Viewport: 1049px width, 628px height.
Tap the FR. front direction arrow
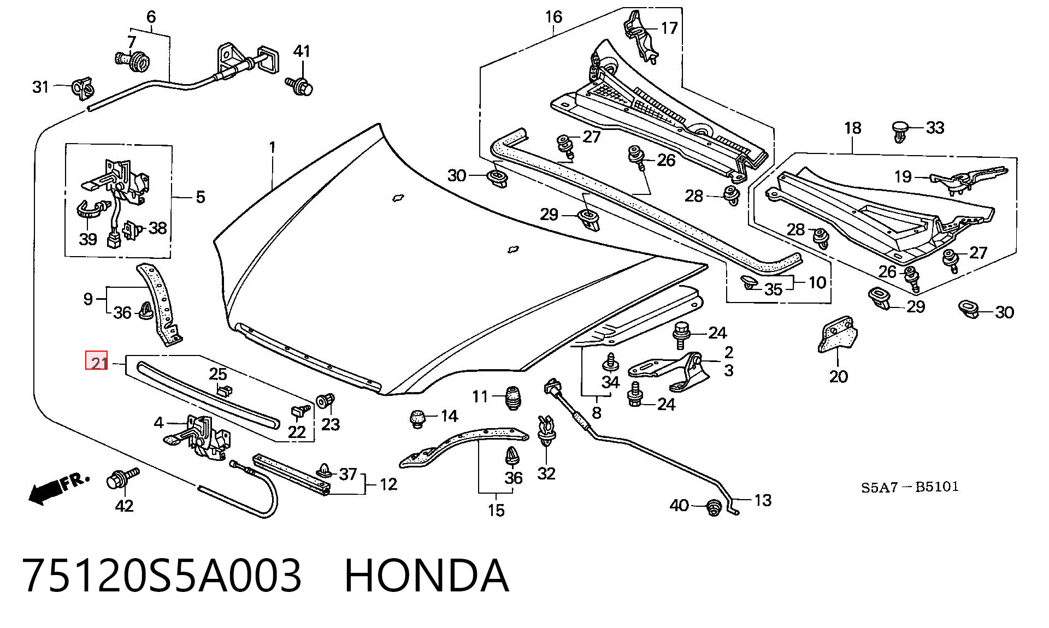[58, 488]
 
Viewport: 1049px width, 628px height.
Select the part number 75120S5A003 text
[162, 576]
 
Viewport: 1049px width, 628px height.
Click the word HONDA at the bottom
[427, 576]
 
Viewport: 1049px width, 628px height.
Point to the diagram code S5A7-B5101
[910, 487]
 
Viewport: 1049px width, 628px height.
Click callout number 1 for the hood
[272, 147]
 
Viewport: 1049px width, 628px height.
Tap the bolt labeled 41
[299, 85]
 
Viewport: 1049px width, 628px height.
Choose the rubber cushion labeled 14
[419, 418]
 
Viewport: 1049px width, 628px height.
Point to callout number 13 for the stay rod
[763, 500]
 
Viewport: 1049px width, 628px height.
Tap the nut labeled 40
[714, 507]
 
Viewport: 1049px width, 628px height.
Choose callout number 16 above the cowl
[553, 17]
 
